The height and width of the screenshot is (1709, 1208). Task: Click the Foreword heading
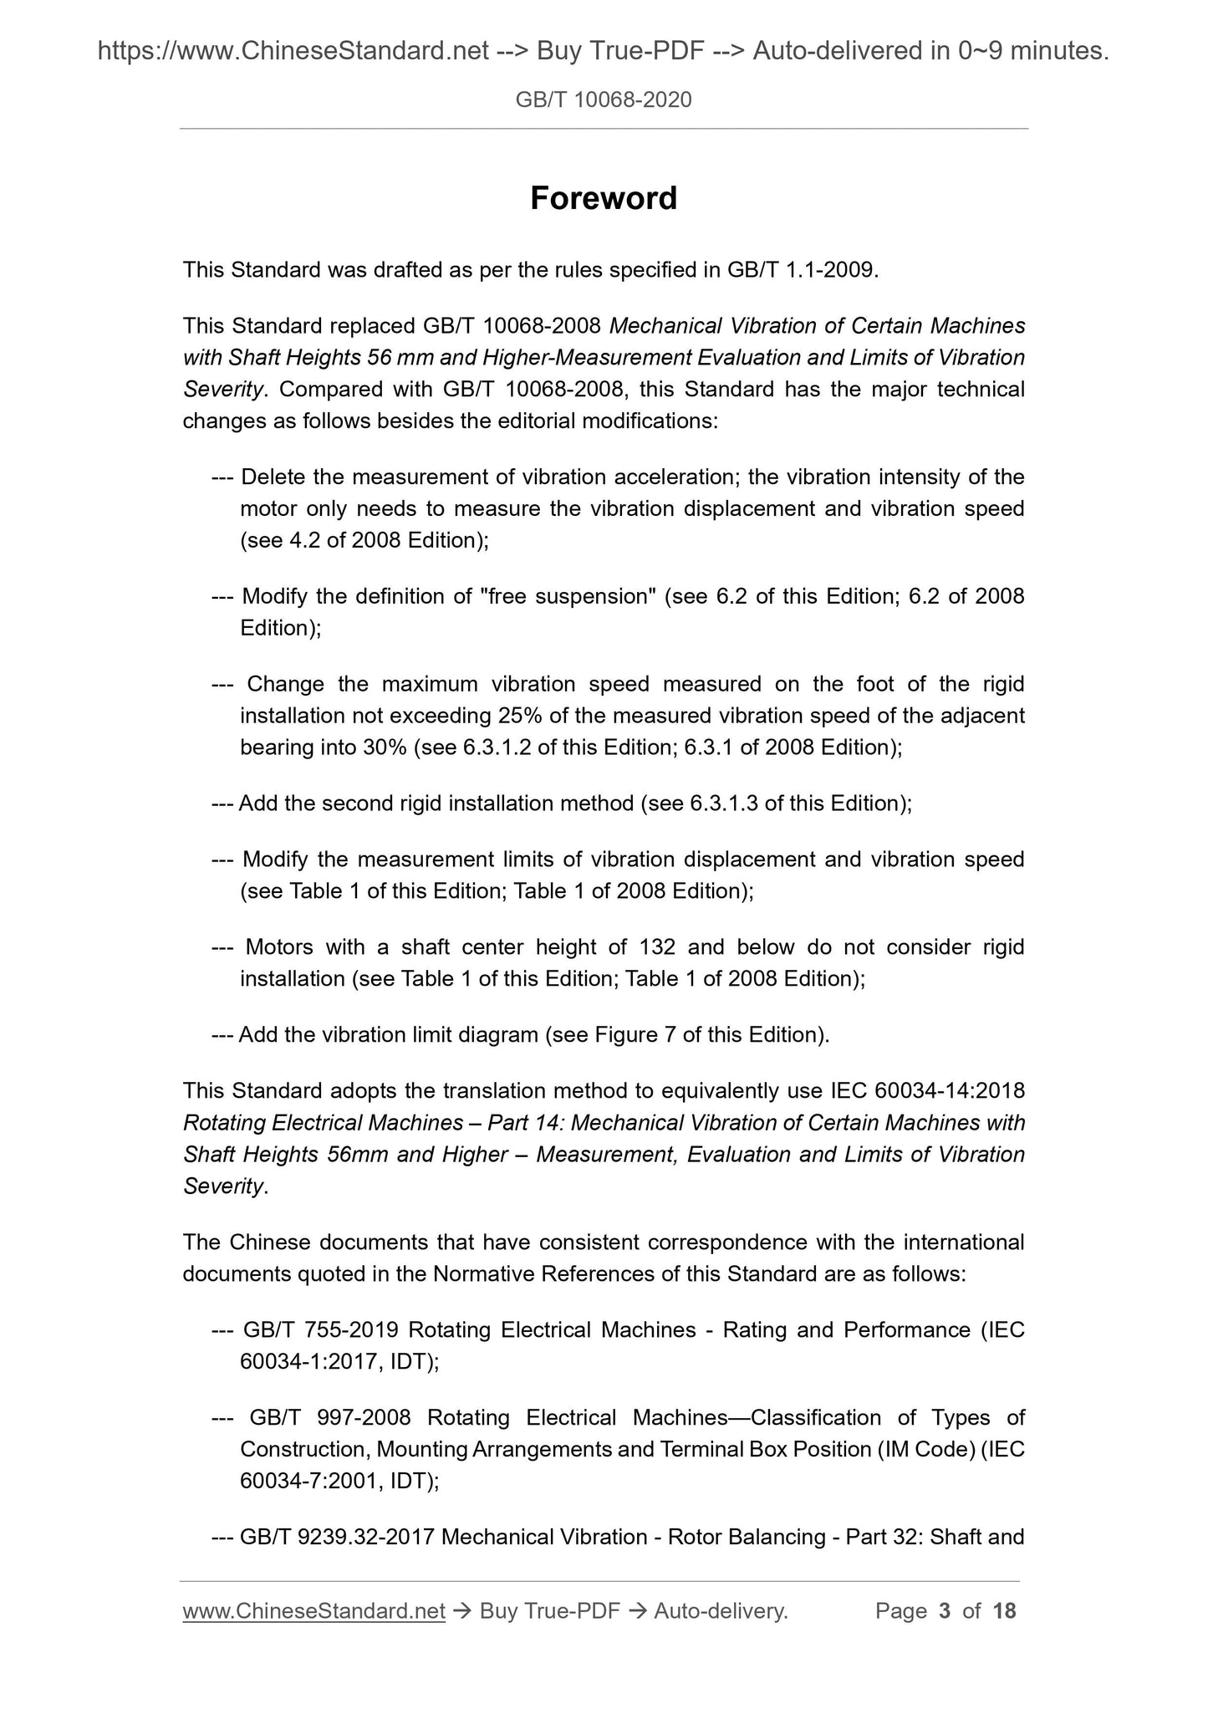(604, 199)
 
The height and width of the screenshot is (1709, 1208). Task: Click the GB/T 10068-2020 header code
(604, 100)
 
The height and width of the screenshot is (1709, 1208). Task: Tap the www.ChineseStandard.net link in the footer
(313, 1611)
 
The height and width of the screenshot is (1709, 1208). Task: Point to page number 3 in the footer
(945, 1611)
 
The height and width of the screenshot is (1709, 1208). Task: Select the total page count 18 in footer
(1004, 1611)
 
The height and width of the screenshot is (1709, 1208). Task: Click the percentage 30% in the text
(385, 747)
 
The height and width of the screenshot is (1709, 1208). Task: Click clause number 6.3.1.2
(497, 747)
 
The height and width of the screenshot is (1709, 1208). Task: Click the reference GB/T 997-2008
(329, 1417)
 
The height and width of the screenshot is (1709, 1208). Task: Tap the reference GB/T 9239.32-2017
(336, 1537)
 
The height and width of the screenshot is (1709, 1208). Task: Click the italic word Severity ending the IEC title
(223, 1186)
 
